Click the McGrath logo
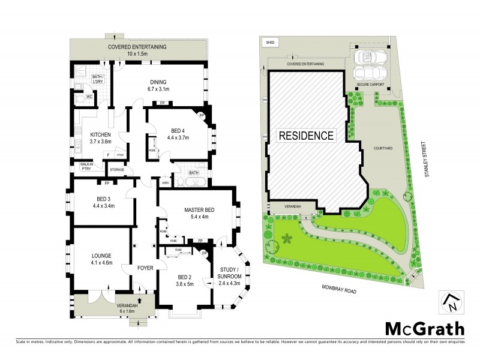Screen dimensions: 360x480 pyautogui.click(x=424, y=329)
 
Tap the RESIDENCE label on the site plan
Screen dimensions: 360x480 pyautogui.click(x=305, y=135)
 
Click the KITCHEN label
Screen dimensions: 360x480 pyautogui.click(x=101, y=134)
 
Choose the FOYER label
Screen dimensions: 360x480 pyautogui.click(x=146, y=268)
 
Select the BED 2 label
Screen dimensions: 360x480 pyautogui.click(x=185, y=277)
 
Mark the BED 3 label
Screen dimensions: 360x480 pyautogui.click(x=104, y=199)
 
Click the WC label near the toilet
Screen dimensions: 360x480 pyautogui.click(x=88, y=97)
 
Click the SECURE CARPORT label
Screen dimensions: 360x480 pyautogui.click(x=369, y=85)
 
